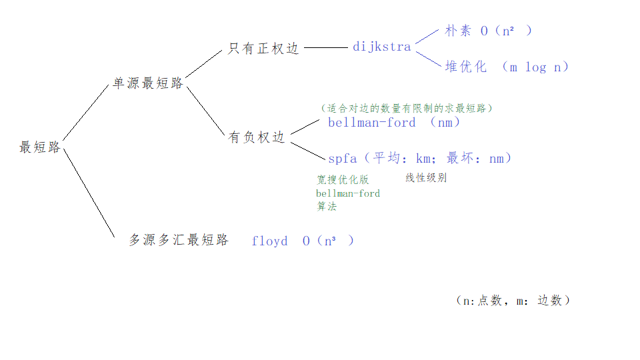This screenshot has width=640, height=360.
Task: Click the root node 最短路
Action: (40, 147)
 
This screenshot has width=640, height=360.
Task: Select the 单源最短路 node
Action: (147, 83)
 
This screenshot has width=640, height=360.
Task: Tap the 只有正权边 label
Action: (263, 49)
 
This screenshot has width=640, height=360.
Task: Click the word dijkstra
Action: (383, 47)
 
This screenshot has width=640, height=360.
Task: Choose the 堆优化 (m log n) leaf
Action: (507, 67)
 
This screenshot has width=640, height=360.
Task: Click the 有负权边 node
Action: (257, 137)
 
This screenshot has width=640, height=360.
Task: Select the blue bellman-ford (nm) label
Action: (394, 123)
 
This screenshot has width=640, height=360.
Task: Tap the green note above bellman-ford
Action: (407, 107)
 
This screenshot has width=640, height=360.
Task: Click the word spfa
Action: (342, 159)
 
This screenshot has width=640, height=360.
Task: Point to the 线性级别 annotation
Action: (426, 178)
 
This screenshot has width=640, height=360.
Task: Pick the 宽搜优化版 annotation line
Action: (342, 180)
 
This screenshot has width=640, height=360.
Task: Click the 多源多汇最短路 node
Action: (178, 240)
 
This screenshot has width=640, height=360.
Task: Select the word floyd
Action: (269, 241)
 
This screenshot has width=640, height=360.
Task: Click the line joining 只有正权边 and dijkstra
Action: (325, 48)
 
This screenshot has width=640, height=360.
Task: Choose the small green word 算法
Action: (326, 207)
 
